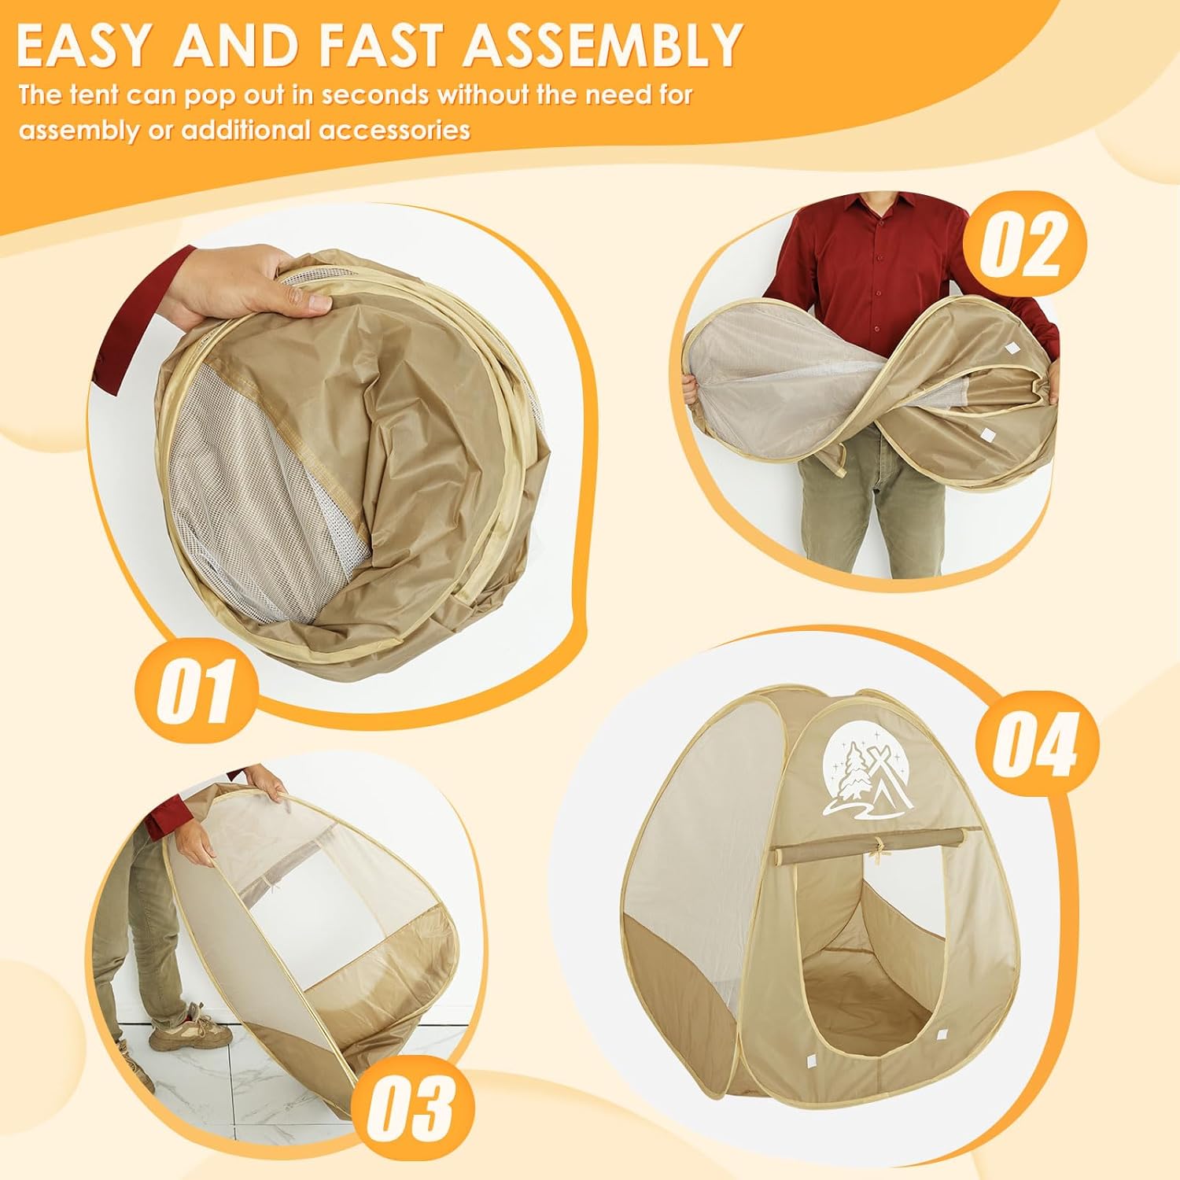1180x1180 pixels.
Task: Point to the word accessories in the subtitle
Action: [394, 129]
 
